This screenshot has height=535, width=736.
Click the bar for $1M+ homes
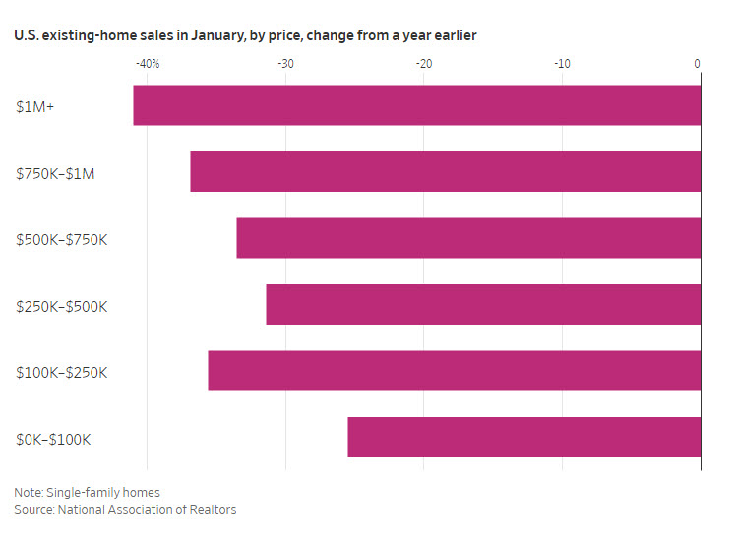(x=416, y=105)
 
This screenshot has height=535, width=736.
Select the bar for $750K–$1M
(x=445, y=172)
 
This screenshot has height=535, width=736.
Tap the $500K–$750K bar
(x=468, y=238)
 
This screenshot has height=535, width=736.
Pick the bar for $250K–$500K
(x=483, y=305)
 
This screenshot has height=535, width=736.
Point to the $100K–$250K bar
(x=454, y=371)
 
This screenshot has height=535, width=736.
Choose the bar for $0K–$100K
(x=523, y=438)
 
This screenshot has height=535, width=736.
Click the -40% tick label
(x=148, y=64)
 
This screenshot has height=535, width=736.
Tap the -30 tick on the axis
(x=285, y=64)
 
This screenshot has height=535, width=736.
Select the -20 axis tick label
(x=424, y=64)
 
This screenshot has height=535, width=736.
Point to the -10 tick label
(x=562, y=64)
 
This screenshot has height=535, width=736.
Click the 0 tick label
(x=697, y=64)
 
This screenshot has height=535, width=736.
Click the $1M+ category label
(x=35, y=106)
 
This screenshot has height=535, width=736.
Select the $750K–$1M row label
(x=54, y=173)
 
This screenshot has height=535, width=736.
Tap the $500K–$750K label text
(x=61, y=239)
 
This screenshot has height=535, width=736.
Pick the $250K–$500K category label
(x=61, y=306)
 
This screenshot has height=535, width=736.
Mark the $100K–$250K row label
(x=61, y=372)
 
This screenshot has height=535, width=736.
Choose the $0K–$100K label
(x=53, y=439)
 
